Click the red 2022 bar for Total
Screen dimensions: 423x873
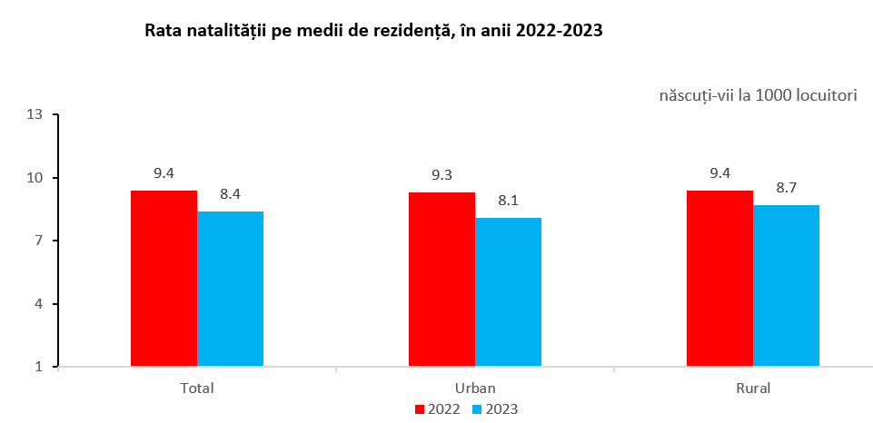point(164,279)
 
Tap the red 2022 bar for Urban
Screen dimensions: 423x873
point(441,280)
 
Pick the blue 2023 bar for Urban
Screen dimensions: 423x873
point(508,292)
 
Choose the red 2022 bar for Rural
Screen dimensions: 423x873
point(719,279)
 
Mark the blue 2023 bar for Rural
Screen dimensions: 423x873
point(786,286)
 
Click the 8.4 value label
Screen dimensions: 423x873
point(230,194)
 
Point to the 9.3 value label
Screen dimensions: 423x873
point(441,174)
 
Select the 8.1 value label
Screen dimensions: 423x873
point(508,201)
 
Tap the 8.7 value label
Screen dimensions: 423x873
point(786,188)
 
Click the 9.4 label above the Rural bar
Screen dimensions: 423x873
point(719,173)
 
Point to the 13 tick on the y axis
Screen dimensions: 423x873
point(35,115)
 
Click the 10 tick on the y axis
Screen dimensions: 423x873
point(35,178)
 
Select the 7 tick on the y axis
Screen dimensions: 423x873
point(39,241)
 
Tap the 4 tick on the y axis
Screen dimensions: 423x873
point(39,304)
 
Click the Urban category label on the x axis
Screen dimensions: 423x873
point(475,388)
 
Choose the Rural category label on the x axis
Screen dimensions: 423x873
point(752,388)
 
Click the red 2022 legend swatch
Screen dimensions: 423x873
point(420,408)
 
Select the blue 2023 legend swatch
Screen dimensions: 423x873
point(479,408)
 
